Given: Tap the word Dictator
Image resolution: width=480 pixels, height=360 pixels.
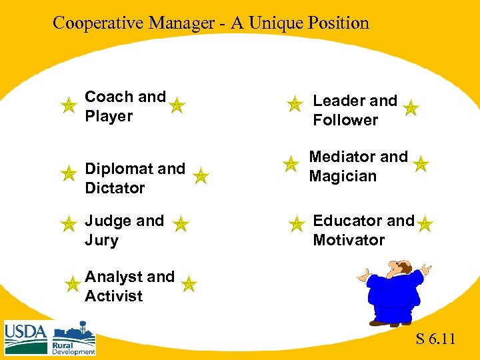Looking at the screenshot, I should coord(115,188).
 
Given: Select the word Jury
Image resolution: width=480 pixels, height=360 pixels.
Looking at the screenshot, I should coord(101,240).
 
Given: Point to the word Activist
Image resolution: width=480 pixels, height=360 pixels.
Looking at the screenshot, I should coord(113,296).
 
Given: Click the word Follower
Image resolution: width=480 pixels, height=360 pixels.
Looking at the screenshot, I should coord(345,120).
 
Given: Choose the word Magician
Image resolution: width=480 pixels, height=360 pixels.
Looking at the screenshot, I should coord(343,176).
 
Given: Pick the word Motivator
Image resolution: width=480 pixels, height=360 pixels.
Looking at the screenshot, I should coord(349,240).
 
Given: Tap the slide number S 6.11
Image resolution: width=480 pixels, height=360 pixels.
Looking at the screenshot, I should coord(435,339).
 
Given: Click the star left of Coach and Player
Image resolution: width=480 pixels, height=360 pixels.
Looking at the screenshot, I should coord(67,105).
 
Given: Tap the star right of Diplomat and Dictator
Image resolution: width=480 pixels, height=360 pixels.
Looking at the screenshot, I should coord(201,176).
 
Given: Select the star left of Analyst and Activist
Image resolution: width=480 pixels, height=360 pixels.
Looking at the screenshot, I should coord(72,285).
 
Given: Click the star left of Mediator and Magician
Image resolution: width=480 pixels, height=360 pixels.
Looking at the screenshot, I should coord(290,163).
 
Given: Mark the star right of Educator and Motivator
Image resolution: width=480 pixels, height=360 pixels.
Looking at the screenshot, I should coord(425,224).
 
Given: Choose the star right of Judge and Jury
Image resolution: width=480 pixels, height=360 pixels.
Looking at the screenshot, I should coord(181,224).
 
